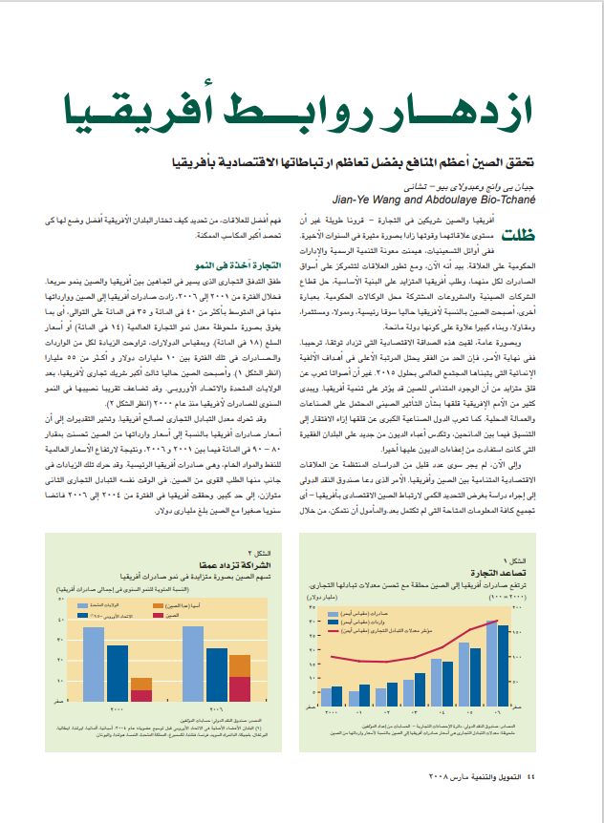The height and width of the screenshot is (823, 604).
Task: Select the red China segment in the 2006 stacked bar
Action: pyautogui.click(x=240, y=689)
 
